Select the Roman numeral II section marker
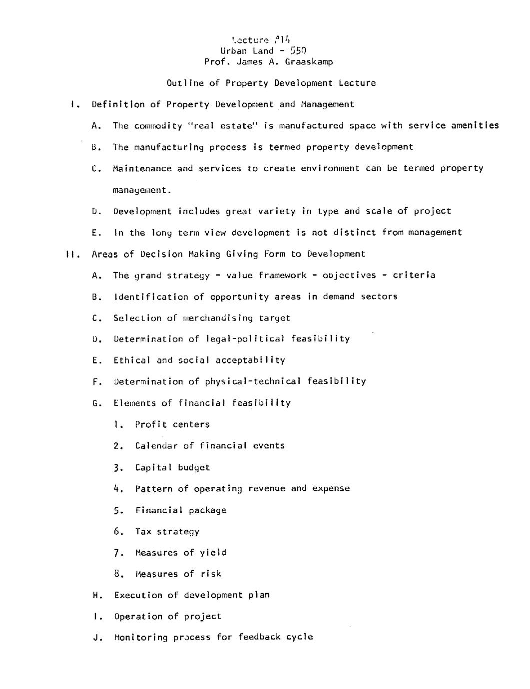click(x=70, y=254)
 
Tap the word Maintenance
click(x=142, y=169)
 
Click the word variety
click(x=277, y=211)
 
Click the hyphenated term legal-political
click(x=245, y=339)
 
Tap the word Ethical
click(x=131, y=360)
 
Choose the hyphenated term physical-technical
click(x=253, y=381)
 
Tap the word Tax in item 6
click(x=143, y=532)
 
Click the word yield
click(x=213, y=553)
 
